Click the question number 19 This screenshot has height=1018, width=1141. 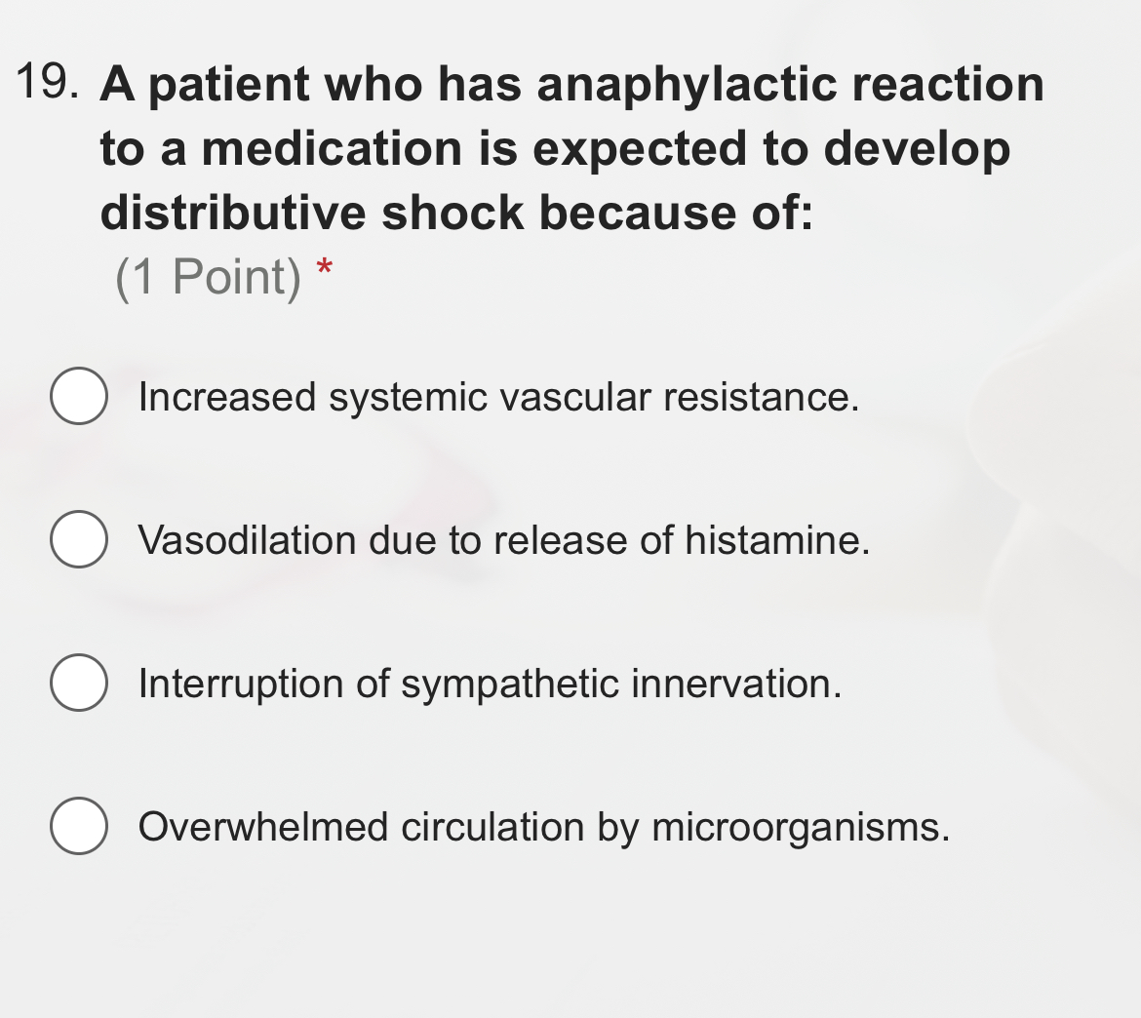tap(46, 83)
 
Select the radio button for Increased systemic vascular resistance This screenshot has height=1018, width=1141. tap(78, 397)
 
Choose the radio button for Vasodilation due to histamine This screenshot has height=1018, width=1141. tap(78, 539)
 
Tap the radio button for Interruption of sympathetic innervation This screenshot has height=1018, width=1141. tap(78, 683)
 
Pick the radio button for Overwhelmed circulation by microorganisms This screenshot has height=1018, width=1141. tap(78, 826)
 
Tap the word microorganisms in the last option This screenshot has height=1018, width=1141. tap(800, 828)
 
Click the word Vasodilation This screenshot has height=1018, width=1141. tap(248, 540)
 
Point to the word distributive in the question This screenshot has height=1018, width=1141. tap(232, 213)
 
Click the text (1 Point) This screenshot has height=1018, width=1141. tap(209, 277)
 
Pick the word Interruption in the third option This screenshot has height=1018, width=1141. tap(241, 685)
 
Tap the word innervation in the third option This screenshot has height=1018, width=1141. tap(736, 685)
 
